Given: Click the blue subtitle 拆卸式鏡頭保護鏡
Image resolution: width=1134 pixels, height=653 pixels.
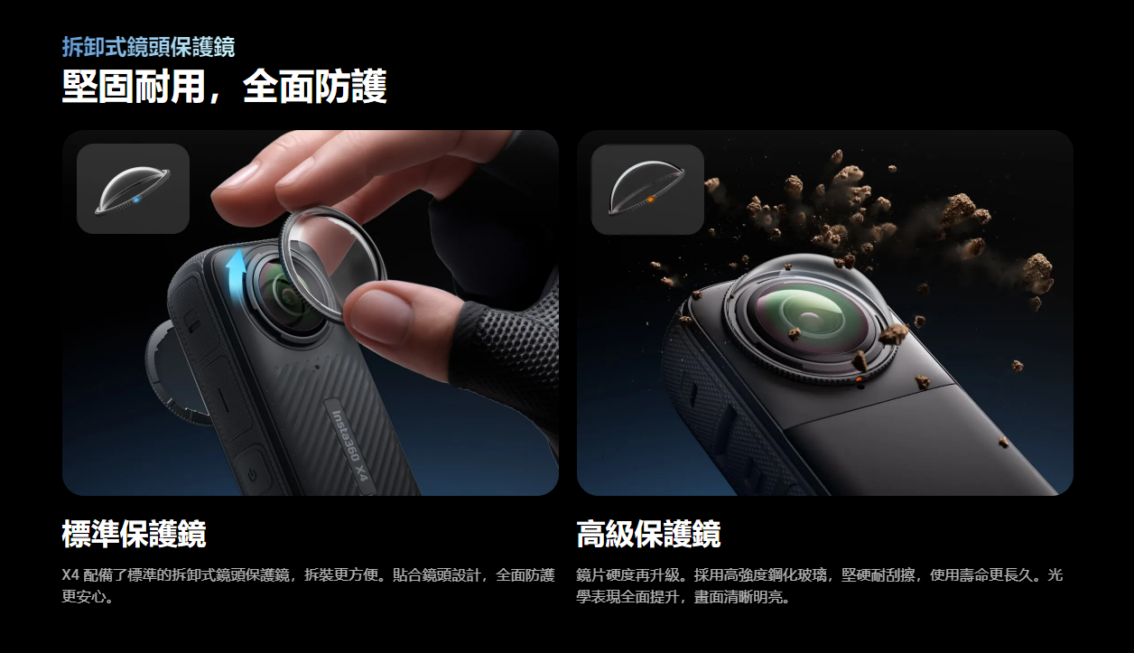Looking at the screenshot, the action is pyautogui.click(x=148, y=47).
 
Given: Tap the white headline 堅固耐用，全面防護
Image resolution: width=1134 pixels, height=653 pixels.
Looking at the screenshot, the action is pyautogui.click(x=224, y=87).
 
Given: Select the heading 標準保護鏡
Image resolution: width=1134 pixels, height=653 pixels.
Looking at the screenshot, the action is pyautogui.click(x=134, y=534).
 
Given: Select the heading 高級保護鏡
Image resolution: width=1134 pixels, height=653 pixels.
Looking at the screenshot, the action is pyautogui.click(x=648, y=534).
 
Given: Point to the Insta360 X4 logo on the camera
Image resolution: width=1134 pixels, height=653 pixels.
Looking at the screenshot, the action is pyautogui.click(x=349, y=446).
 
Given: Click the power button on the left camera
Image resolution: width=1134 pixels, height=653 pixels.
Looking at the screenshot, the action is pyautogui.click(x=252, y=475).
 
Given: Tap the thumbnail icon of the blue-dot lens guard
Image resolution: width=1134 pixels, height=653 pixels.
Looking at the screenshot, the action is pyautogui.click(x=133, y=189).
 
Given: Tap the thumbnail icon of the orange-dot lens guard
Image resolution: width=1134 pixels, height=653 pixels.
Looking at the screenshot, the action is pyautogui.click(x=647, y=189).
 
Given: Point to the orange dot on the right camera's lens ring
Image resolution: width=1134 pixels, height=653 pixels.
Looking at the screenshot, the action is pyautogui.click(x=859, y=379).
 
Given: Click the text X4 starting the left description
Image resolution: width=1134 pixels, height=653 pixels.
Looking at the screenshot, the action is pyautogui.click(x=70, y=575).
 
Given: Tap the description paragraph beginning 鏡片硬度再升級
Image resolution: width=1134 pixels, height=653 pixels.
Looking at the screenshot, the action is pyautogui.click(x=819, y=586).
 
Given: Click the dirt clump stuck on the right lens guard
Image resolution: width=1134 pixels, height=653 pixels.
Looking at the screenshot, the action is pyautogui.click(x=893, y=333).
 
